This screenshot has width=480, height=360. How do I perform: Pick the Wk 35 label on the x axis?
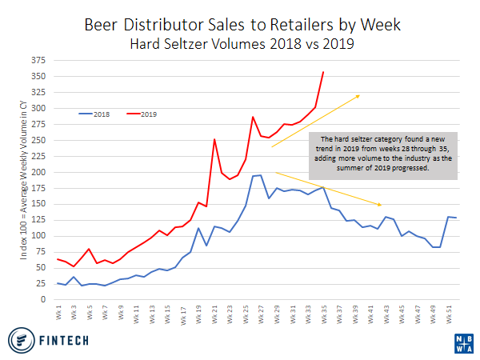coord(323,313)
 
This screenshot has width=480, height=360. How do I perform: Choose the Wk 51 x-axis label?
coord(448,313)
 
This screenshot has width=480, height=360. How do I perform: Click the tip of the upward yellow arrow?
coord(360,94)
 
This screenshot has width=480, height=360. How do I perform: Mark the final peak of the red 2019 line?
coord(323,72)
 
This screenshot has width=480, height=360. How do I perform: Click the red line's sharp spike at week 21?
coord(214,139)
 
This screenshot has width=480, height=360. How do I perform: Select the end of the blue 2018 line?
coord(456,218)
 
